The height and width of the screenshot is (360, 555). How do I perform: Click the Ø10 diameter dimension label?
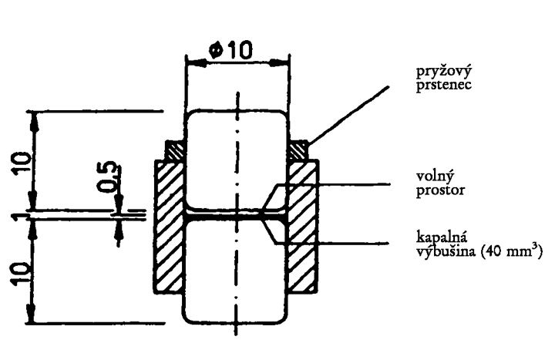tap(230, 50)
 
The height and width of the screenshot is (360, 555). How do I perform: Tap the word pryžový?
tap(443, 72)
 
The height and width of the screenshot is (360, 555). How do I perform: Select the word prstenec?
tap(443, 86)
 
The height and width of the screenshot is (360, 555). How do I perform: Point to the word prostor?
tap(440, 190)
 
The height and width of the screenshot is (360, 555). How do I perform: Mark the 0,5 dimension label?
tap(108, 177)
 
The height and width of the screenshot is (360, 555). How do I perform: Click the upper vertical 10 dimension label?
tap(22, 163)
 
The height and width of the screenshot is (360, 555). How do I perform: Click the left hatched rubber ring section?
tap(175, 151)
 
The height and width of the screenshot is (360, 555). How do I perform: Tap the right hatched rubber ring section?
tap(299, 151)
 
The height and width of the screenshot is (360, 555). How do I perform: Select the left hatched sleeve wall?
tap(169, 227)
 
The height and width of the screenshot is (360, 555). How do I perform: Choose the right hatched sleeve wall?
tap(303, 227)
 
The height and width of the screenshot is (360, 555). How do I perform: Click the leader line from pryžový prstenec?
tap(349, 115)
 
